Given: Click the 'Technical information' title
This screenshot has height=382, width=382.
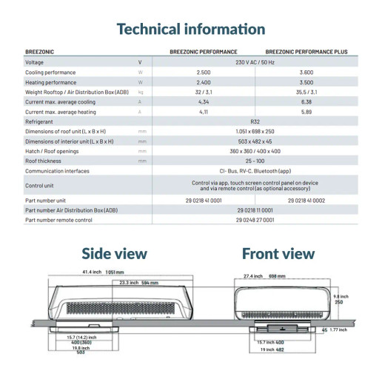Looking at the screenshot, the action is point(190,30).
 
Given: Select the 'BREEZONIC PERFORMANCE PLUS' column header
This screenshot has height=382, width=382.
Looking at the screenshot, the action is point(306,52).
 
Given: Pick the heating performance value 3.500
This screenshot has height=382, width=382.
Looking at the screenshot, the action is point(306,82).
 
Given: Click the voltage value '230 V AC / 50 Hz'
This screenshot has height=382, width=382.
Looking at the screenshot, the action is point(255,62).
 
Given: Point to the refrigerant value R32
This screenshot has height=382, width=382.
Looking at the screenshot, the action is point(255,121).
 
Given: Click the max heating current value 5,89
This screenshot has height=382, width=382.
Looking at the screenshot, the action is point(306,111).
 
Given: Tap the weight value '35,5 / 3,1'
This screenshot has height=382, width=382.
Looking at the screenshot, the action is point(306,92).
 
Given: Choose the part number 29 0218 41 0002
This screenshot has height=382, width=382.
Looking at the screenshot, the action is point(306,200).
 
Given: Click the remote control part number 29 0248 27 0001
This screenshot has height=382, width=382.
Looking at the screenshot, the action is point(255,220).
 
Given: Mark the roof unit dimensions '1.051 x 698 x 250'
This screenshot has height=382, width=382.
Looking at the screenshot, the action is point(255,130).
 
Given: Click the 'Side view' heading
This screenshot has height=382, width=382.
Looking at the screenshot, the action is point(114,254).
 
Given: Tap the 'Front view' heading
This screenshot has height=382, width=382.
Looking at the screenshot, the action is point(278,254).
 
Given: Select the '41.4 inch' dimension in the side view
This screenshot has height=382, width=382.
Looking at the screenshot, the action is point(91,272).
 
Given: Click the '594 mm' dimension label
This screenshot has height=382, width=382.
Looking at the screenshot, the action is point(149,282).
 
